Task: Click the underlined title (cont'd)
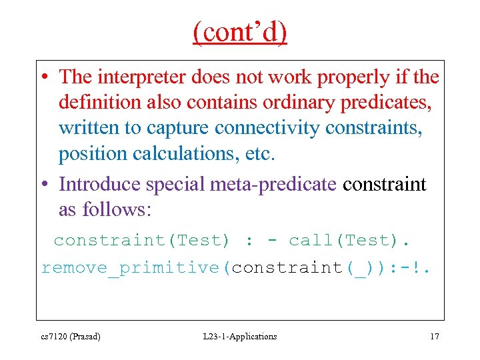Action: tap(240, 31)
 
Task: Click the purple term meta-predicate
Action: tap(273, 184)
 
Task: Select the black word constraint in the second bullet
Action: tap(384, 184)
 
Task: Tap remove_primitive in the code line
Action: tap(131, 268)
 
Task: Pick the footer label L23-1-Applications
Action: tap(240, 337)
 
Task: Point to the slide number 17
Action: tap(434, 337)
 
